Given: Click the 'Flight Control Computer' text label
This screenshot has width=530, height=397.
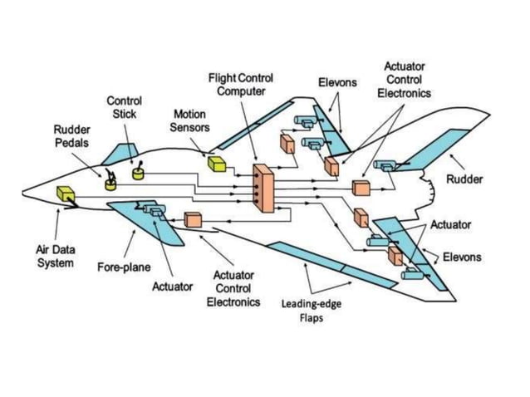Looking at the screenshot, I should (241, 84).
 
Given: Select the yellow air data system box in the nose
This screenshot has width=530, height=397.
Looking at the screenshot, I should (64, 194).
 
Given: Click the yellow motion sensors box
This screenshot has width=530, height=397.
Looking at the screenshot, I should (218, 164).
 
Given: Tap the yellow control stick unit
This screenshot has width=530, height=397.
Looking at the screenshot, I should (138, 172).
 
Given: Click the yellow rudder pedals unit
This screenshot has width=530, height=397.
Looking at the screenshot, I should (110, 184).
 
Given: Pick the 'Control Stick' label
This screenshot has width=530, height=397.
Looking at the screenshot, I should (124, 107).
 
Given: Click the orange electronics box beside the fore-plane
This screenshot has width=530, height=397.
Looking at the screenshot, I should (194, 220).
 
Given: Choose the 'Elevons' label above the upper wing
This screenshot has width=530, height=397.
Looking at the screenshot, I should (337, 83).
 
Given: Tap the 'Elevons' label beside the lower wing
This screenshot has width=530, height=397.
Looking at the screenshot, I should (461, 257).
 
